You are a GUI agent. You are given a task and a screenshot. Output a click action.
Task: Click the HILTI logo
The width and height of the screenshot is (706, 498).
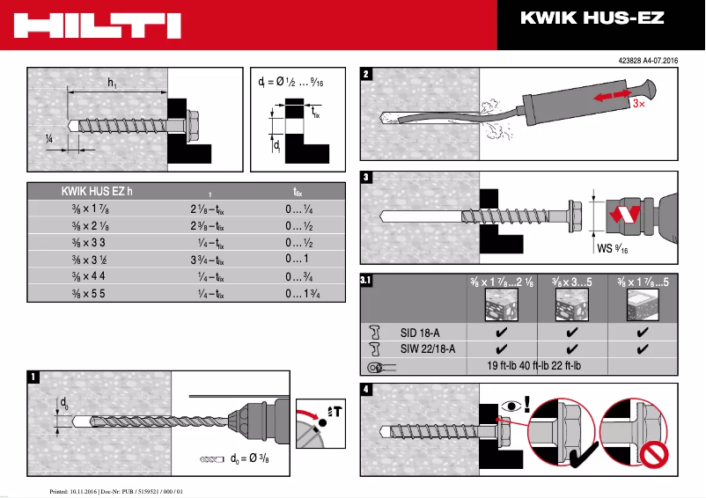click(98, 25)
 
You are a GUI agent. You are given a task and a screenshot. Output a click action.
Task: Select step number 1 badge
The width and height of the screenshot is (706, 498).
click(33, 377)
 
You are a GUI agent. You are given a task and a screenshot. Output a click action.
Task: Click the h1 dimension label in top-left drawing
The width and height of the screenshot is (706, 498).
click(113, 83)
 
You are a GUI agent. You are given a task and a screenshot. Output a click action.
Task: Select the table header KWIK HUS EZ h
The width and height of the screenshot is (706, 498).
click(97, 190)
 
